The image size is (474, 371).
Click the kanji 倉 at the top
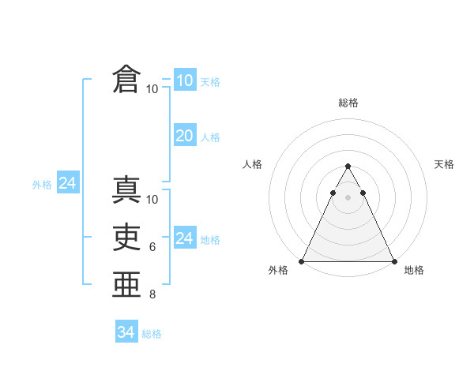[126, 80]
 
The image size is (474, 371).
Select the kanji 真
[126, 191]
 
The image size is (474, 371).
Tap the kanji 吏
[126, 237]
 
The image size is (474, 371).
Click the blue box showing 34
[126, 332]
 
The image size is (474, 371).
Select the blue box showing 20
[185, 136]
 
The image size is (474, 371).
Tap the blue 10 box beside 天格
[185, 80]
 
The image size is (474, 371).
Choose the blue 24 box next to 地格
[185, 238]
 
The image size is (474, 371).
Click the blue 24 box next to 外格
[68, 183]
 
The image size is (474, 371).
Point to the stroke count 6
[152, 247]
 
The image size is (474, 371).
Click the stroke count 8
[152, 294]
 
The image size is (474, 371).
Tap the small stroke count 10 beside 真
[152, 200]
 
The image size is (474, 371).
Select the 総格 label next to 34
[152, 334]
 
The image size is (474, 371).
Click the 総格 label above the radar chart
[348, 103]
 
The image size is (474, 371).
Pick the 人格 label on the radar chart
[253, 164]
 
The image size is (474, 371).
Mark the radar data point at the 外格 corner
[302, 261]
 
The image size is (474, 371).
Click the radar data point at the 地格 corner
[393, 261]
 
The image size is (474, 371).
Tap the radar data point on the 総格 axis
[348, 167]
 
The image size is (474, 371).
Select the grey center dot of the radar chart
[348, 197]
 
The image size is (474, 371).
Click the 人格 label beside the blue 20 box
[210, 137]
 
